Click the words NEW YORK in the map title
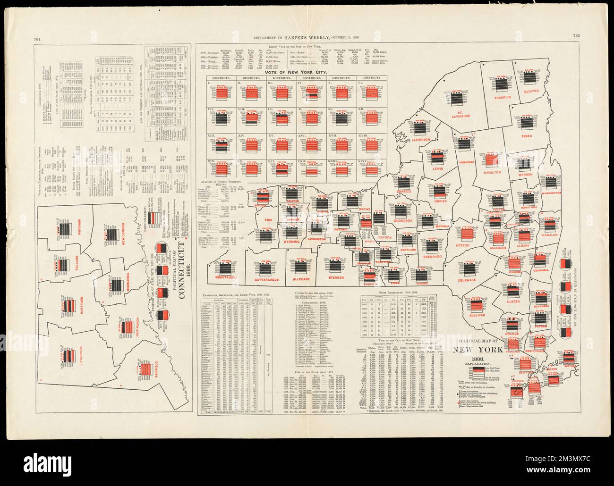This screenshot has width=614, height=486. click(x=476, y=350)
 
